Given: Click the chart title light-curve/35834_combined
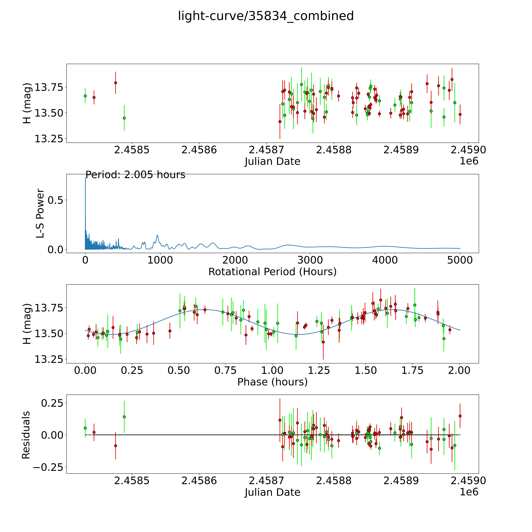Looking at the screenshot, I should click(x=266, y=16).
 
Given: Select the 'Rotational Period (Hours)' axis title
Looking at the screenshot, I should click(x=272, y=272).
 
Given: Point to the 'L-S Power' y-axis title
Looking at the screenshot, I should click(x=40, y=213).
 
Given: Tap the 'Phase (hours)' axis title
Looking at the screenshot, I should click(x=272, y=382).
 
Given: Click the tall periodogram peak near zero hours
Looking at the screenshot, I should click(x=85, y=179).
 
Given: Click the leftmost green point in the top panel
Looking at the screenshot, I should click(x=85, y=96).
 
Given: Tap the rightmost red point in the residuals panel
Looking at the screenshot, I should click(x=460, y=416).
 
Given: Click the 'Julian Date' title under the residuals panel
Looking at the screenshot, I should click(x=272, y=492).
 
